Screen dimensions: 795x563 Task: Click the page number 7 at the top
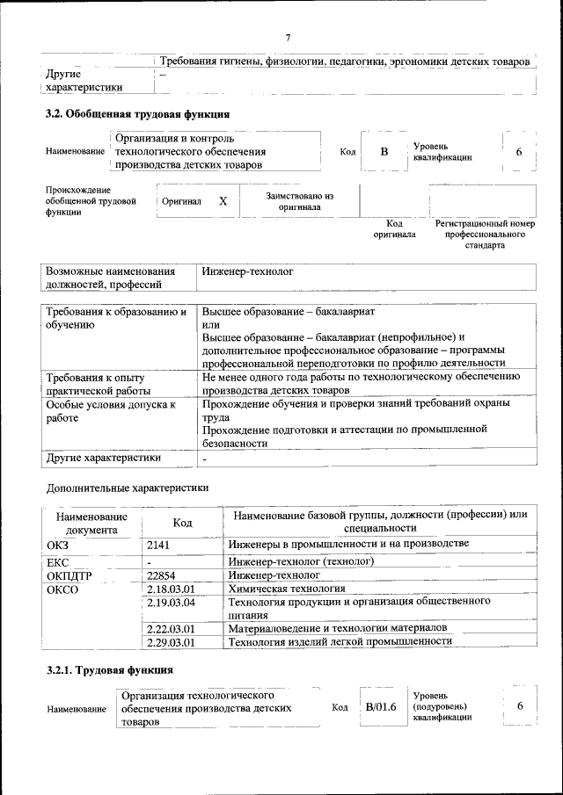click(x=288, y=37)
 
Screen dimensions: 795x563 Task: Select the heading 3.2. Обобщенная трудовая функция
click(x=138, y=114)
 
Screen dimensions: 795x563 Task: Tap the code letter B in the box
click(x=384, y=152)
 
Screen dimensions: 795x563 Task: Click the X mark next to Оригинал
click(x=223, y=201)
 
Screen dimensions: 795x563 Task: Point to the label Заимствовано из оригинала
click(x=299, y=201)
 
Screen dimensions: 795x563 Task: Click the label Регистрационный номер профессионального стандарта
click(x=485, y=235)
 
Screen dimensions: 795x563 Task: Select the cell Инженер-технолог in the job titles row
click(x=247, y=272)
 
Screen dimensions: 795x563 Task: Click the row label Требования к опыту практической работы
click(x=99, y=383)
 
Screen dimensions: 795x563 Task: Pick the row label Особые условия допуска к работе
click(x=111, y=410)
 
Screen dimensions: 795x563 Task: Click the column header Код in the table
click(x=182, y=524)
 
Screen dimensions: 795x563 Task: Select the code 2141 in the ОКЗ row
click(x=159, y=545)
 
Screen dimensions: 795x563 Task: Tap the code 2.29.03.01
click(x=172, y=642)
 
